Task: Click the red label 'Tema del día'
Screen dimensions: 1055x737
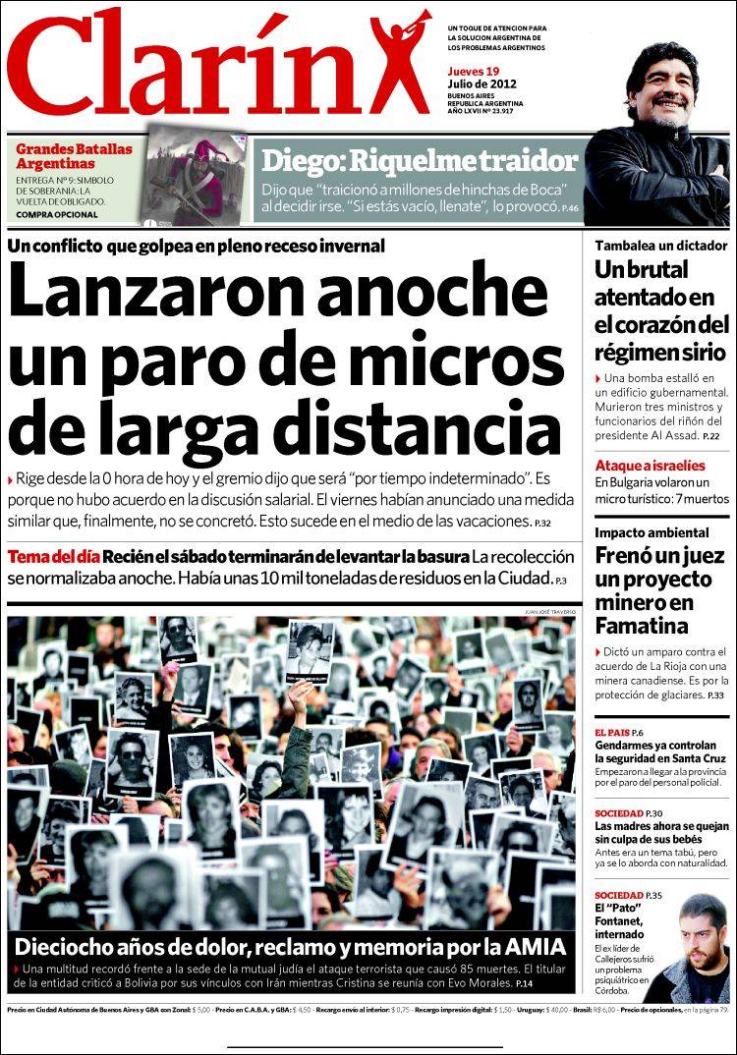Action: click(x=51, y=557)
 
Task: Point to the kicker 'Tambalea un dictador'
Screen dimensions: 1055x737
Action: click(x=647, y=246)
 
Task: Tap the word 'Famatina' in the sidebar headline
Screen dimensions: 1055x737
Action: click(x=639, y=626)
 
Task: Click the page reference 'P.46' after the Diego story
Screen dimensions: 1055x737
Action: click(x=571, y=208)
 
